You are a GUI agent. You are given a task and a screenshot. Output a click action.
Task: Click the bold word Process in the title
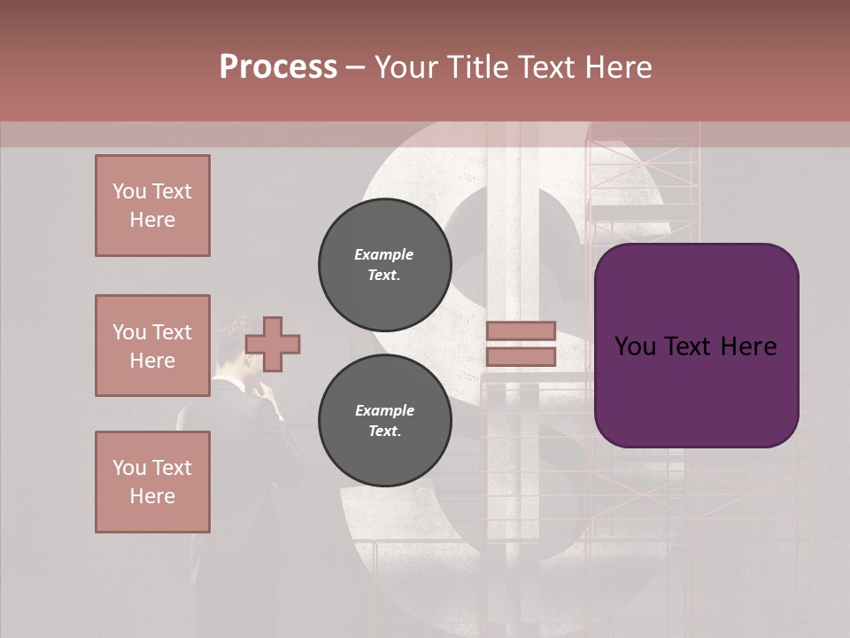pyautogui.click(x=278, y=67)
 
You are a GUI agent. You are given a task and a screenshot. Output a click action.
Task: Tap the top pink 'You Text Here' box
pyautogui.click(x=152, y=206)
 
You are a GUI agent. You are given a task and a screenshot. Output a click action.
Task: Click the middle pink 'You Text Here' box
pyautogui.click(x=152, y=346)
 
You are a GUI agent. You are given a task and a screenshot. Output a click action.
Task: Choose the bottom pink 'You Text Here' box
pyautogui.click(x=152, y=482)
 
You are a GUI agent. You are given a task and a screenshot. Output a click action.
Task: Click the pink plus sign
pyautogui.click(x=273, y=344)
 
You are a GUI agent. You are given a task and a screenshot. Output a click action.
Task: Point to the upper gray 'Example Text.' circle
pyautogui.click(x=384, y=265)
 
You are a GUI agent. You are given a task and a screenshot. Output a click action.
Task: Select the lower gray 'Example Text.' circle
pyautogui.click(x=384, y=421)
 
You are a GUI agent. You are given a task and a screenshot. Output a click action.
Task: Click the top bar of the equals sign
pyautogui.click(x=521, y=331)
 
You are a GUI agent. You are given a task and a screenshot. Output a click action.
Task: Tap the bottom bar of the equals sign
pyautogui.click(x=521, y=357)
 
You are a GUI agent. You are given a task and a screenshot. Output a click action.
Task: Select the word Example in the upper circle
pyautogui.click(x=384, y=254)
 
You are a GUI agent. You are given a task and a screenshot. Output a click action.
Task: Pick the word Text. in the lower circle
pyautogui.click(x=384, y=432)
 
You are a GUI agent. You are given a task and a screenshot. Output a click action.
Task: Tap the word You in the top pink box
pyautogui.click(x=128, y=191)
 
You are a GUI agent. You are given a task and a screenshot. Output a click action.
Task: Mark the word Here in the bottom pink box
pyautogui.click(x=152, y=496)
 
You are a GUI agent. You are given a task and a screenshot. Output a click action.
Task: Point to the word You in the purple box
pyautogui.click(x=635, y=346)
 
